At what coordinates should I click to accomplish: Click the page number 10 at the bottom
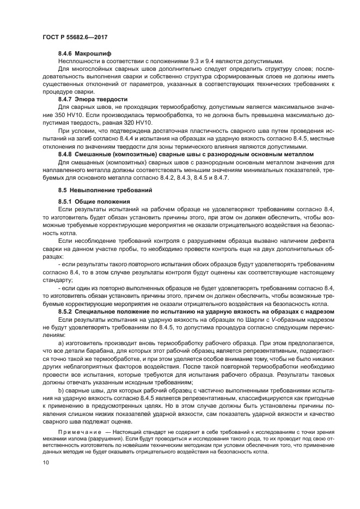45,462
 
